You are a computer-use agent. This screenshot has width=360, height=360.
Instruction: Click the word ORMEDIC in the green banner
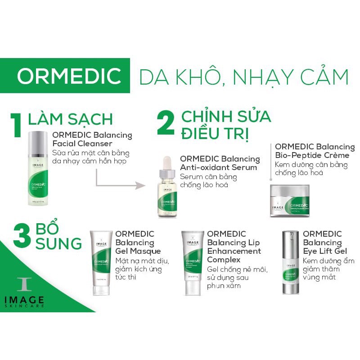point(68,76)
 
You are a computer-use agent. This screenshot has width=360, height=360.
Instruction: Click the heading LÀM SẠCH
point(70,119)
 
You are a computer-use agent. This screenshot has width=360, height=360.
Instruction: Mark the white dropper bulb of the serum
point(167,164)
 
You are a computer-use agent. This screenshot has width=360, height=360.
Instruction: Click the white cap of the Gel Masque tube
point(101,288)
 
